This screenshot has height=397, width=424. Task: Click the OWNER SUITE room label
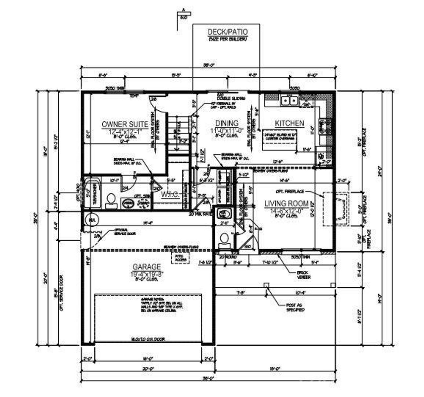pyautogui.click(x=125, y=124)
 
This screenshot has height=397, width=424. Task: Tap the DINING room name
pyautogui.click(x=227, y=123)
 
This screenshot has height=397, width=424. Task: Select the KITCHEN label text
pyautogui.click(x=289, y=123)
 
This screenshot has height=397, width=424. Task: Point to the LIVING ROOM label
pyautogui.click(x=286, y=203)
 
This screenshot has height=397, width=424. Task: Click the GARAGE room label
pyautogui.click(x=146, y=267)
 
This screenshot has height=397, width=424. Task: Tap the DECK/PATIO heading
pyautogui.click(x=227, y=32)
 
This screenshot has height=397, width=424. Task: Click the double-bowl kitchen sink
pyautogui.click(x=289, y=100)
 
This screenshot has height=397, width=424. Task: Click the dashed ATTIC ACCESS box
pyautogui.click(x=181, y=258)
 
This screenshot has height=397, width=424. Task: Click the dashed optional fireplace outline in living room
pyautogui.click(x=335, y=209)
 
